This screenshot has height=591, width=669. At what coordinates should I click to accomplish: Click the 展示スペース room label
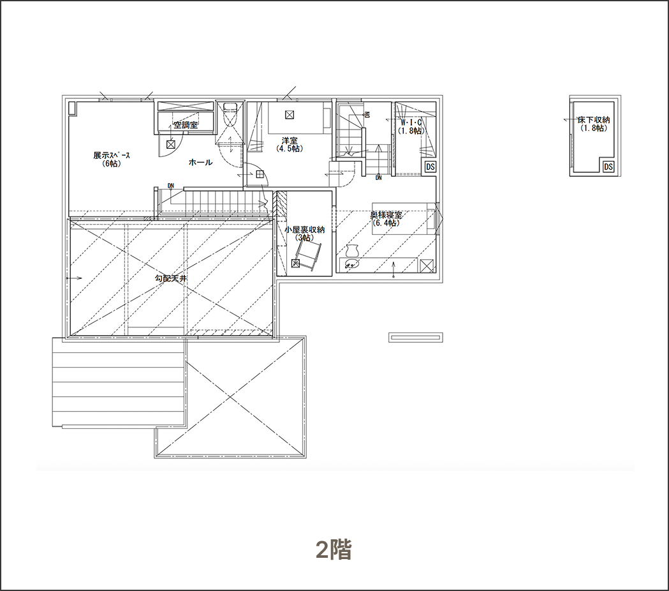(112, 160)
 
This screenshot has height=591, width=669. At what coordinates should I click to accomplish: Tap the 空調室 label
(186, 125)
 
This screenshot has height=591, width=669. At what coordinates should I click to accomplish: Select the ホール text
(200, 162)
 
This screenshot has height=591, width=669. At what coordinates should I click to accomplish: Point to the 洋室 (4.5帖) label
(290, 144)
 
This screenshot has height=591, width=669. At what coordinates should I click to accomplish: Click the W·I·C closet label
(411, 126)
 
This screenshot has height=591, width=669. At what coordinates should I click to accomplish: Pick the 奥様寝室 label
(386, 219)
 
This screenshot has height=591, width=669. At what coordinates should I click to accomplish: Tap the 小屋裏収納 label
(305, 234)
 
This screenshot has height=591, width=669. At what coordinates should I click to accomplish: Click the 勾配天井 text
(171, 278)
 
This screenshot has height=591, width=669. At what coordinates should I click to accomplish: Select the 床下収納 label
(594, 124)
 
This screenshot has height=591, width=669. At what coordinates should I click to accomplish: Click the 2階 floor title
(334, 550)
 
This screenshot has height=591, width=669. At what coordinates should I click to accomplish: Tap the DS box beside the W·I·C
(430, 167)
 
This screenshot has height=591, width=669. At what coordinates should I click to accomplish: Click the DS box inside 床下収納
(608, 167)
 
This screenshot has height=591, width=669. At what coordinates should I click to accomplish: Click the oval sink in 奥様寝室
(353, 264)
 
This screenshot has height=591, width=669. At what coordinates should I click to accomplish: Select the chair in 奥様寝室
(353, 250)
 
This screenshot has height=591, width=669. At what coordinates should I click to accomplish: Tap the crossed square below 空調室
(171, 144)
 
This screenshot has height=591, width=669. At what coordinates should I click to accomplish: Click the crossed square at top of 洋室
(290, 114)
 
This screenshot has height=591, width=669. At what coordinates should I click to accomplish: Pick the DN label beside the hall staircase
(171, 186)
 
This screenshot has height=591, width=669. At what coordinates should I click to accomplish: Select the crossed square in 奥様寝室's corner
(427, 266)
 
